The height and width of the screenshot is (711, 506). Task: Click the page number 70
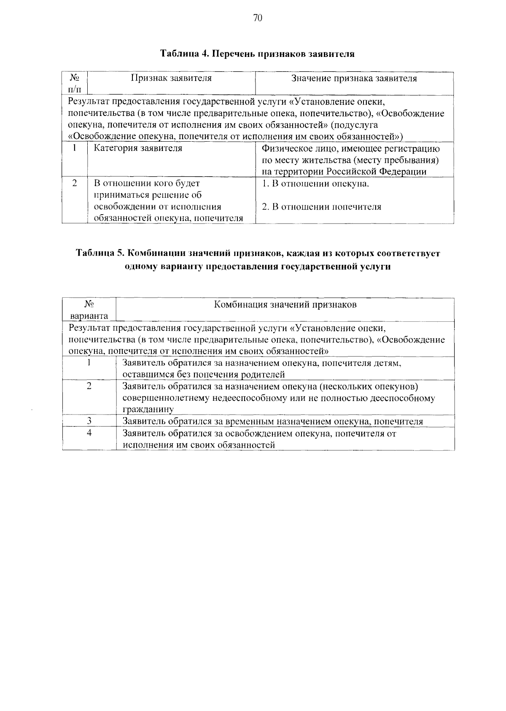257,18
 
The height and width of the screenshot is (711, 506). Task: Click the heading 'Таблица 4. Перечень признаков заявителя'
257,54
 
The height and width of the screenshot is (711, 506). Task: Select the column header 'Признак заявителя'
171,78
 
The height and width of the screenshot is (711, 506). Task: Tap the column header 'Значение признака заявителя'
354,78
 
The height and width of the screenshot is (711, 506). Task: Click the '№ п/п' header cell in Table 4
75,83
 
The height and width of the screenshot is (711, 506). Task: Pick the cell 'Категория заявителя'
138,148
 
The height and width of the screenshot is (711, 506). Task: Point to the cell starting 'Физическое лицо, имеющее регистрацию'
350,160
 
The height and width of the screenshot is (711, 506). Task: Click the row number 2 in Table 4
75,183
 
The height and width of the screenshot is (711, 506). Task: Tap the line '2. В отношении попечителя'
321,207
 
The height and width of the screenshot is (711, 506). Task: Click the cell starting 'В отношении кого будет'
168,201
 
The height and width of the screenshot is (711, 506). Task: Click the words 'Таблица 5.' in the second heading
100,253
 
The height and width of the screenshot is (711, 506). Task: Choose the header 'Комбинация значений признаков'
285,304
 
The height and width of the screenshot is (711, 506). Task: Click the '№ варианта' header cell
89,310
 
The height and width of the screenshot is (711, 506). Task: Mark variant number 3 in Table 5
89,421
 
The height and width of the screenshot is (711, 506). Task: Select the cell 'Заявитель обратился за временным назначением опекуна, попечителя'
272,421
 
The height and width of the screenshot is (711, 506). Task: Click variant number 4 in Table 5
89,433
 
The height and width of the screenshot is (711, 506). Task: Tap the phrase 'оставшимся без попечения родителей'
203,374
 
